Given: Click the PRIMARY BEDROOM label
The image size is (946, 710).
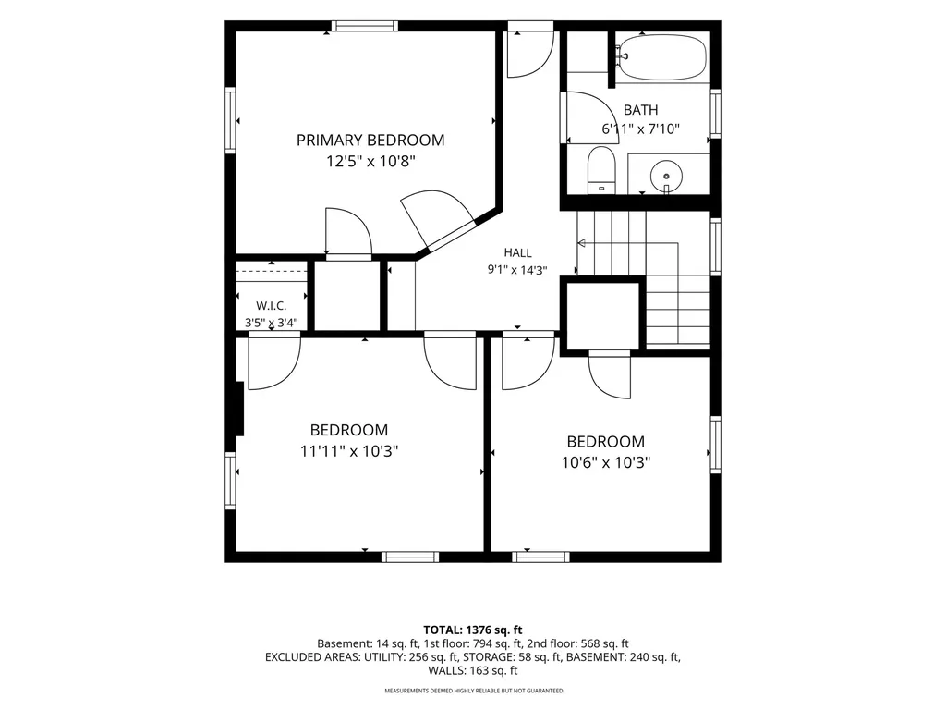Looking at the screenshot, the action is [370, 141].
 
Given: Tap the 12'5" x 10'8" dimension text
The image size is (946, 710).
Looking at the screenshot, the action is [370, 162].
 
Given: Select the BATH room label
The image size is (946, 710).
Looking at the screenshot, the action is [640, 110].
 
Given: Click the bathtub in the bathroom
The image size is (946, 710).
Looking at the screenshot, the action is [661, 56].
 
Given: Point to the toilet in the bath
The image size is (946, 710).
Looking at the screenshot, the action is [600, 169].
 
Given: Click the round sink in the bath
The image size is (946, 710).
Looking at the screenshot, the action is [666, 176].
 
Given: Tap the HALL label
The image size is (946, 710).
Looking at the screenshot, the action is [517, 253].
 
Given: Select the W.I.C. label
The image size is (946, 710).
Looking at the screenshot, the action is [272, 306].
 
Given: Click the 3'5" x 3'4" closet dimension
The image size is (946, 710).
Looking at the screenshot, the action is [272, 323].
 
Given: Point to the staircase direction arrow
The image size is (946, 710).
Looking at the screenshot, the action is [628, 243].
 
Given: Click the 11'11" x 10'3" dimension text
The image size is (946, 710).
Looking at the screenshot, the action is [349, 451].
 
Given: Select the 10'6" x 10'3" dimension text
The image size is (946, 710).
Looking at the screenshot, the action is [606, 462].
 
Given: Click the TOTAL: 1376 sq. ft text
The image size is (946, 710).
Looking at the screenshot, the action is [473, 630].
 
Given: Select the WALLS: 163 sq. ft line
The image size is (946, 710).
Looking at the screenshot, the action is [473, 670].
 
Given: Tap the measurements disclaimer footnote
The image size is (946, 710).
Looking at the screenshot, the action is [475, 690].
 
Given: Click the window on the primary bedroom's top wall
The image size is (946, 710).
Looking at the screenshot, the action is [364, 26].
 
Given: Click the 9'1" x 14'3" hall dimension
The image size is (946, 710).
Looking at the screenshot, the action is [517, 270].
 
